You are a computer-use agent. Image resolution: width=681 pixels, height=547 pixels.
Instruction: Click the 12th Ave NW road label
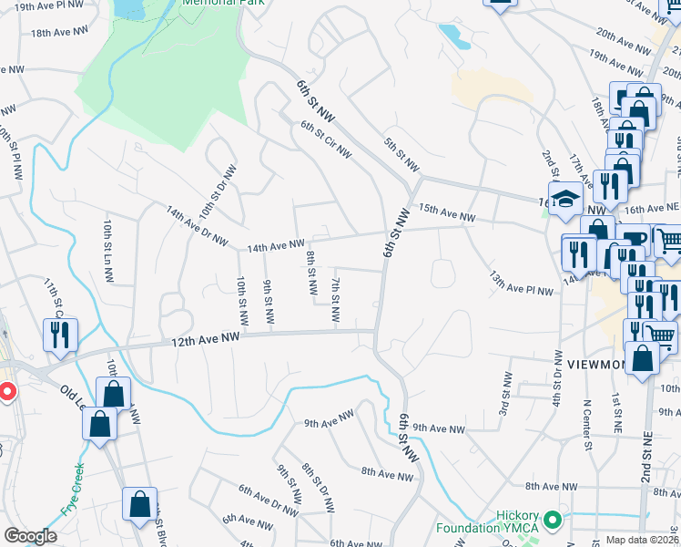tap(206, 338)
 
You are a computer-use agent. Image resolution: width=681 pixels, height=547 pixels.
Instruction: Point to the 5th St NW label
tap(401, 155)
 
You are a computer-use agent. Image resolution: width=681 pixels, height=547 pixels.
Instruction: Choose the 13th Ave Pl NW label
tap(521, 284)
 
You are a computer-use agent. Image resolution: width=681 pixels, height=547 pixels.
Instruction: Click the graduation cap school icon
tap(565, 200)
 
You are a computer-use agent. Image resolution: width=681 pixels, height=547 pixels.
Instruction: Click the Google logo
tap(30, 536)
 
